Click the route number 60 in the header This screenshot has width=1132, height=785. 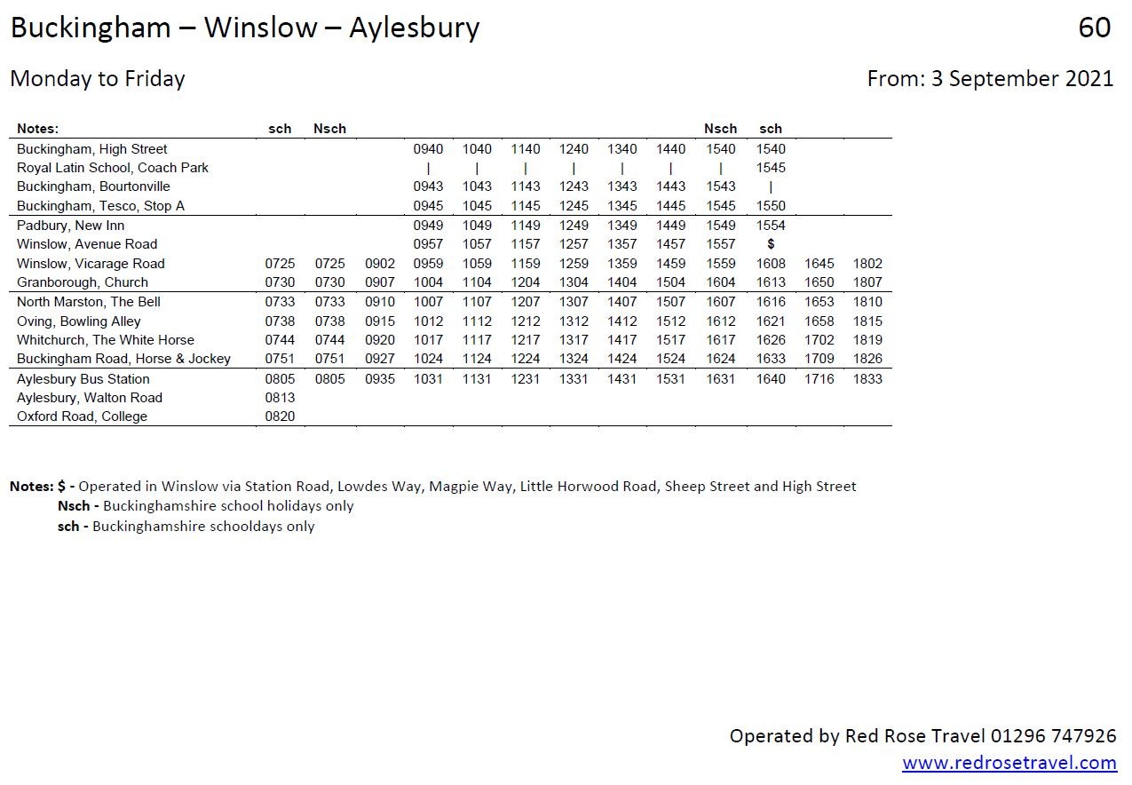point(1094,28)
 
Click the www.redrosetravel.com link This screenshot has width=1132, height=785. point(1009,763)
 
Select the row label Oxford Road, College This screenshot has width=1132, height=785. point(82,416)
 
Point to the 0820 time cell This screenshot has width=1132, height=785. point(280,416)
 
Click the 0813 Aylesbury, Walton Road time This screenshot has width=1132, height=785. point(280,398)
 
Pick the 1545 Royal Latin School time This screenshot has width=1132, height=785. point(771,168)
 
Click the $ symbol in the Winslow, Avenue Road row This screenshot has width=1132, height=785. point(771,244)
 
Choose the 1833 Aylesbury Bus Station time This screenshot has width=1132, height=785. point(867,379)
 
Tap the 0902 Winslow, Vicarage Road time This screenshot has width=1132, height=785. point(380,264)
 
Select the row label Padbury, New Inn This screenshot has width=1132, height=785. point(70,226)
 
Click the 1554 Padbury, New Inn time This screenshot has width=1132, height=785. point(771,226)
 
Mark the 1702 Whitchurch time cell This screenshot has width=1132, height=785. point(819,340)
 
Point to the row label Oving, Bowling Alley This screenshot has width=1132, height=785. point(78,321)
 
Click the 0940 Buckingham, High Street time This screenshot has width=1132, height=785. point(428,149)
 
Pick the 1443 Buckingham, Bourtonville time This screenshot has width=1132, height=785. point(671,186)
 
